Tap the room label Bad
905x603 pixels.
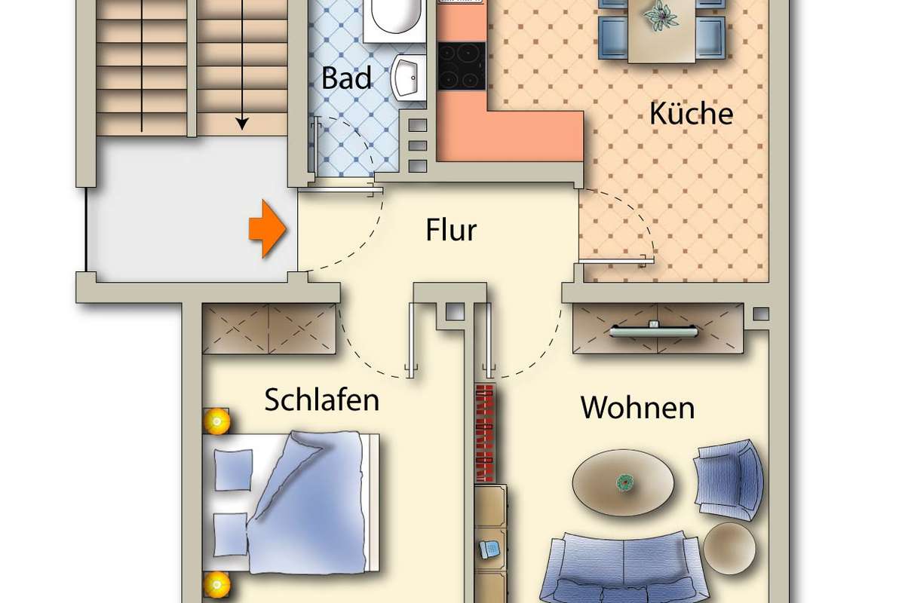[347, 78]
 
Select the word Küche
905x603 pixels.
[691, 114]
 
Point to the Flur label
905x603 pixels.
[451, 230]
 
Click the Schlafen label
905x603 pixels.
[321, 400]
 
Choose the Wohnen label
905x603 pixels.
[637, 408]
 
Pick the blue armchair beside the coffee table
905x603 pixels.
[729, 480]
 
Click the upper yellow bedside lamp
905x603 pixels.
[217, 421]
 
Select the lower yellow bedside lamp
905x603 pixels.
[217, 583]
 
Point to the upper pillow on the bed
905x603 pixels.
[234, 469]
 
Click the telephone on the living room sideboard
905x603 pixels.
[490, 548]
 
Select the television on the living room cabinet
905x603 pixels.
[653, 328]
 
